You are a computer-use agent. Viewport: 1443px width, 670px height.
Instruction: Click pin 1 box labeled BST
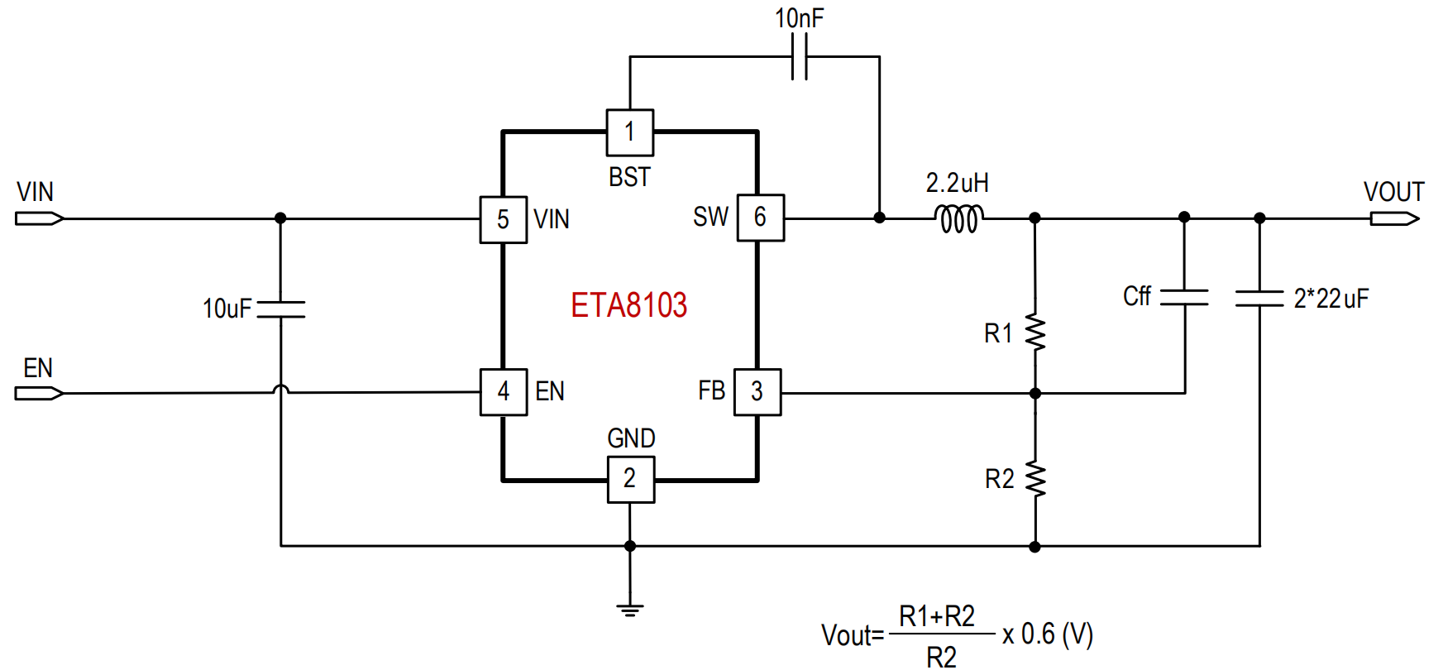click(630, 132)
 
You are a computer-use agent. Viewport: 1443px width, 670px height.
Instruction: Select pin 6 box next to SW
click(760, 218)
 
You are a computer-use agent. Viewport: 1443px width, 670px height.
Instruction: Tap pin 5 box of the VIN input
click(503, 219)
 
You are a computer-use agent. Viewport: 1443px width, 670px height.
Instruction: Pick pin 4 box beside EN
click(504, 391)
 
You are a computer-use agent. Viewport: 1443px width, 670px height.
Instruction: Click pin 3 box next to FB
click(757, 391)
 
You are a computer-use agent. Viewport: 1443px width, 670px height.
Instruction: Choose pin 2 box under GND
click(631, 479)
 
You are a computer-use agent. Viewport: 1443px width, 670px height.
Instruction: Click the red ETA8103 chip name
click(628, 305)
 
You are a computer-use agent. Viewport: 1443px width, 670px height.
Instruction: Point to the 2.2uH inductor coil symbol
click(959, 219)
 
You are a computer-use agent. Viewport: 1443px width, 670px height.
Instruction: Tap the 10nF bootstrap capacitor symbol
click(800, 57)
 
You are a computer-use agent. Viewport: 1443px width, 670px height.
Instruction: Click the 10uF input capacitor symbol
click(280, 309)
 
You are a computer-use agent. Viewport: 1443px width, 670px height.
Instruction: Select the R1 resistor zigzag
click(1035, 333)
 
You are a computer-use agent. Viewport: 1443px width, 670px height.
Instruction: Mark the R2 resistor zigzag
click(1035, 479)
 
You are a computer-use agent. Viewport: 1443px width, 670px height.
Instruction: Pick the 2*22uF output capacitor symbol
click(1259, 298)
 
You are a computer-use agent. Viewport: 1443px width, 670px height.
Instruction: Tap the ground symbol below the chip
click(630, 610)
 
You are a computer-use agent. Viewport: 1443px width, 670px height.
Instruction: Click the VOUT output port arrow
click(1395, 218)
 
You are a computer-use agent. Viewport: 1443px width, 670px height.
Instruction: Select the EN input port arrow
click(39, 393)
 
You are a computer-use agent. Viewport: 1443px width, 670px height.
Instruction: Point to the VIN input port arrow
click(39, 218)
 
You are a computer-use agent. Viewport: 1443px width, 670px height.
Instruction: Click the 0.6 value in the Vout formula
click(1038, 634)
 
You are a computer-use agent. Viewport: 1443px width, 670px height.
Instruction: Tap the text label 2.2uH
click(958, 183)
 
